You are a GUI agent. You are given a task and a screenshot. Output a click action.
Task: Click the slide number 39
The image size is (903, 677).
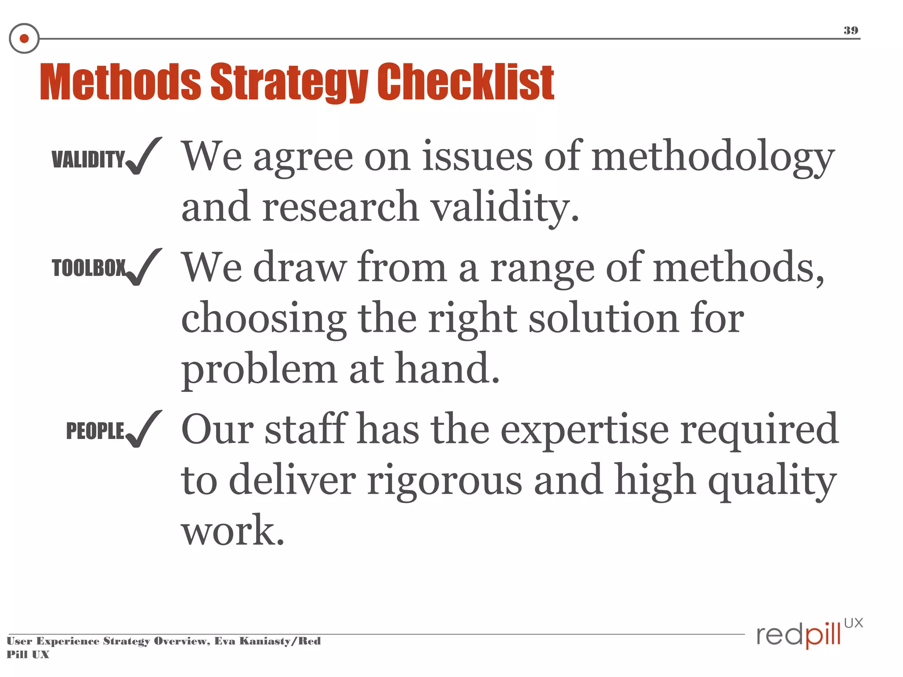(x=851, y=30)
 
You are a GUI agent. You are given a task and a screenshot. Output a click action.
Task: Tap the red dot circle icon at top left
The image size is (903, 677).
(x=24, y=38)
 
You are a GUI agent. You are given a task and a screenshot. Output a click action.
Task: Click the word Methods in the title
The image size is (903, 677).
(x=120, y=82)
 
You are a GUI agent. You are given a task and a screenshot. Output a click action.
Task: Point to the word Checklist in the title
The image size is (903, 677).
(x=466, y=82)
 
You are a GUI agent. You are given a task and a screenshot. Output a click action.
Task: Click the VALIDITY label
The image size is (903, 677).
(x=88, y=159)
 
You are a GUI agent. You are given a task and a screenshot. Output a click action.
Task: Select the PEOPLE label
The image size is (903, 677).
(x=95, y=431)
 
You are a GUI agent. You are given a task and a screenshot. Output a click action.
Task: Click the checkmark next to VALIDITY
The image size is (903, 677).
(x=143, y=156)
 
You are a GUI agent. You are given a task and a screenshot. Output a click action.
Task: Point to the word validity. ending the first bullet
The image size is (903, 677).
(x=504, y=208)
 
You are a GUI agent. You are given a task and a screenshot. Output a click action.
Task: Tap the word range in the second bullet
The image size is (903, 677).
(x=542, y=268)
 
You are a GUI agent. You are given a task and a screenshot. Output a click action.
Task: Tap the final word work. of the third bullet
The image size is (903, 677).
(x=233, y=530)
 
